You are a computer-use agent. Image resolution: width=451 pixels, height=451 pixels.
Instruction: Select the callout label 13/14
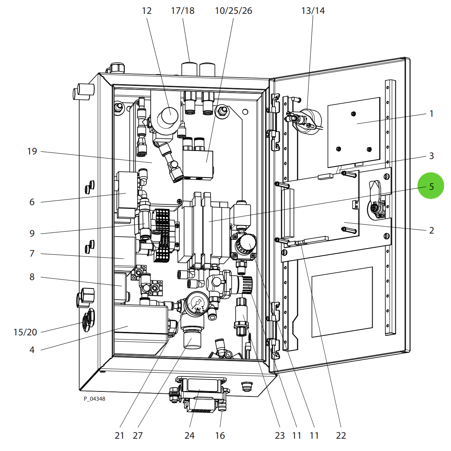(313, 11)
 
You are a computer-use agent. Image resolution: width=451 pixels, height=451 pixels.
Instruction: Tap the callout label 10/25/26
(233, 11)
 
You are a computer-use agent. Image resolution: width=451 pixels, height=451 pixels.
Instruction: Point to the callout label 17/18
(182, 11)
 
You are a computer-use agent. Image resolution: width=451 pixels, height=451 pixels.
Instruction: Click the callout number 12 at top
(147, 11)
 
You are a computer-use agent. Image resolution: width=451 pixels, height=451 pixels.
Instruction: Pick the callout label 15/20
(25, 332)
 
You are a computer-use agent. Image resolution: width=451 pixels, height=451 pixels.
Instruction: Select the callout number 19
(32, 151)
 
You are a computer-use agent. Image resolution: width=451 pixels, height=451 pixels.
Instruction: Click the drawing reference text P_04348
(95, 399)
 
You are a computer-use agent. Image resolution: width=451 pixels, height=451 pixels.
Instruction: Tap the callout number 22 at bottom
(341, 435)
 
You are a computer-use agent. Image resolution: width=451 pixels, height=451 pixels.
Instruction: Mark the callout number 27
(138, 435)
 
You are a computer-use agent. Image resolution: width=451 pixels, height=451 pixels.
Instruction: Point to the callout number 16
(220, 435)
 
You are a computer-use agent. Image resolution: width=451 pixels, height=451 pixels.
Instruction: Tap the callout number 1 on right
(431, 113)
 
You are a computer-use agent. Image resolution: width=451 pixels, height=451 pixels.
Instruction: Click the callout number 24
(189, 435)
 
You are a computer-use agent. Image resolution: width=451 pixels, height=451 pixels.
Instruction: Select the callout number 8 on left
(32, 277)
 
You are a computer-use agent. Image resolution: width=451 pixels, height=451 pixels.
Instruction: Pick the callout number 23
(280, 435)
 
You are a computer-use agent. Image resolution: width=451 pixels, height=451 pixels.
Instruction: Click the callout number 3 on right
(431, 156)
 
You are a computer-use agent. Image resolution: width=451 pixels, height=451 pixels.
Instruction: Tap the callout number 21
(119, 435)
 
